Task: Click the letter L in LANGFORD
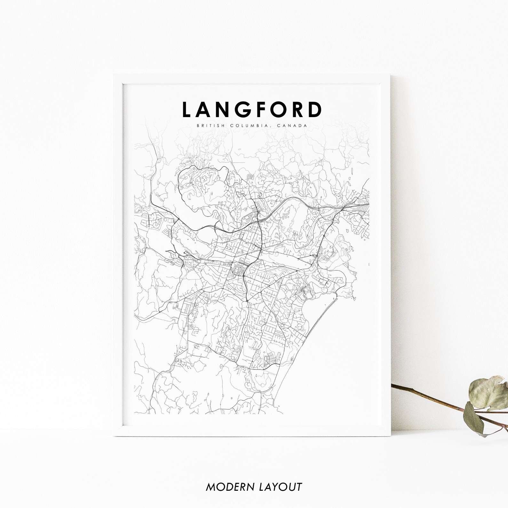tap(187, 109)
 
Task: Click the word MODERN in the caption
tap(227, 487)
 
